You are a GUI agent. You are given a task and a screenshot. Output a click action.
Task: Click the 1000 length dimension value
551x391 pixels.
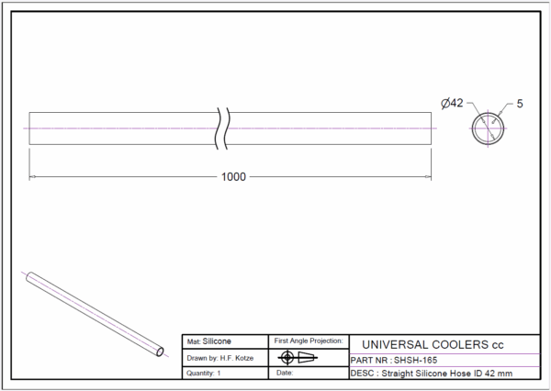coord(233,177)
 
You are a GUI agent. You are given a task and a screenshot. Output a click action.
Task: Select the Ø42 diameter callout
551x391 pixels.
coord(452,104)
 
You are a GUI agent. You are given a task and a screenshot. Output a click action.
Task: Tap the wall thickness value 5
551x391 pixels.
coord(520,104)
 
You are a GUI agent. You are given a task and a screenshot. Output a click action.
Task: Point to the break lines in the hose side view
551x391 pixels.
coord(222,128)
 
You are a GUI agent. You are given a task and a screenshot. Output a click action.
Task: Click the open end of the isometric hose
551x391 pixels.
coord(160,352)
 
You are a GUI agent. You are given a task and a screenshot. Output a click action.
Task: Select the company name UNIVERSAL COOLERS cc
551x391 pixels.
coord(433,344)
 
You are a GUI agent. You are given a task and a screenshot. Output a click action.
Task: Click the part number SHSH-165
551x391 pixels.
coord(416,360)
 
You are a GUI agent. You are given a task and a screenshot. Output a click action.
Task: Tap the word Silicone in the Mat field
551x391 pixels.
coord(217,341)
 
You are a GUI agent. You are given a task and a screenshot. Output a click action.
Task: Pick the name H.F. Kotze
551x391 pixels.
coord(237,358)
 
